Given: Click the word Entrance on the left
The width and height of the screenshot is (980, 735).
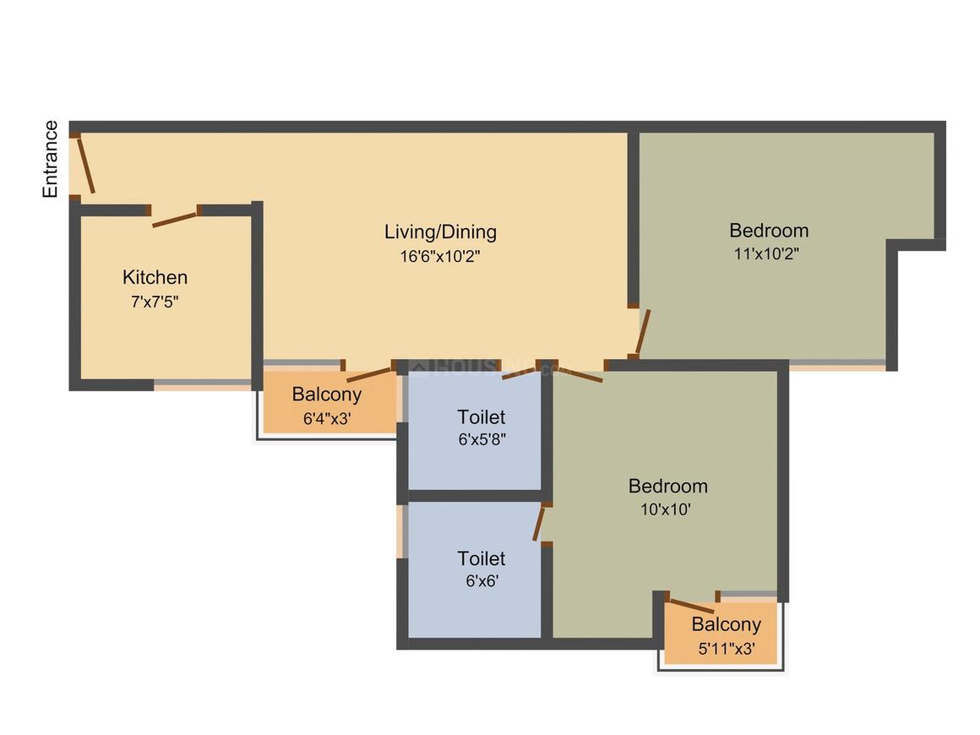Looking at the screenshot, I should [x=51, y=159].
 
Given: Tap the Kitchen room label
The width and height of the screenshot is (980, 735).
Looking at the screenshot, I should [x=155, y=277].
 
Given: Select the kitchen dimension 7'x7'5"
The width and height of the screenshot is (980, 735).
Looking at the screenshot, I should [x=155, y=301].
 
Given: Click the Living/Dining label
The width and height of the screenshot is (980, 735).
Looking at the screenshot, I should [x=440, y=231].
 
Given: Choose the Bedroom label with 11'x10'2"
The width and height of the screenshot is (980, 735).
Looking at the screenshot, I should [x=769, y=230].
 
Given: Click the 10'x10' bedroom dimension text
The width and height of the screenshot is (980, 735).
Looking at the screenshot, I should [x=667, y=509].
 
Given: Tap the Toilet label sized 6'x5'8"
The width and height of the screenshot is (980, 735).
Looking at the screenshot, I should [x=482, y=416].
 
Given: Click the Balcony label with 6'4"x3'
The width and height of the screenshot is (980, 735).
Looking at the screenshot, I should [x=327, y=394].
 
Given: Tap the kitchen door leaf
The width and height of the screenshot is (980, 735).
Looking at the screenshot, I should [x=175, y=219].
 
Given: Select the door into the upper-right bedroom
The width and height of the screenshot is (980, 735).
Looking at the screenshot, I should [x=644, y=331].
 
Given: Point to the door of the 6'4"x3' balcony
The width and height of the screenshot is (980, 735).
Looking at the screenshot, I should [x=368, y=376].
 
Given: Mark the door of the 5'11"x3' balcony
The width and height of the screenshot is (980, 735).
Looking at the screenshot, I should [x=691, y=606].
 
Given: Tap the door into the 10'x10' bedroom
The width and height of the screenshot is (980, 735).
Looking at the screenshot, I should [x=579, y=374].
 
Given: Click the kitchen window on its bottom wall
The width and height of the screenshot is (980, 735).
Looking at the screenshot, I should [x=203, y=385].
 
